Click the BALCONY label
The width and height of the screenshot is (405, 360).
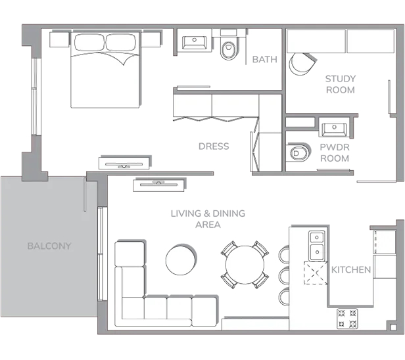[x=49, y=246]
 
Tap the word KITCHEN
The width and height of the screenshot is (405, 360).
[x=351, y=270]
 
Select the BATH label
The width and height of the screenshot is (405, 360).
[x=265, y=59]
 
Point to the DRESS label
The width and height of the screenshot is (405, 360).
[x=214, y=146]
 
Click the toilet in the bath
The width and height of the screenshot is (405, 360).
[x=228, y=50]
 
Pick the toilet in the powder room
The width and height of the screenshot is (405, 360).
[x=298, y=152]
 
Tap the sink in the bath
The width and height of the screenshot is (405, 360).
[x=194, y=42]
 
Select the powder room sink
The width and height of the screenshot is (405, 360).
[x=334, y=129]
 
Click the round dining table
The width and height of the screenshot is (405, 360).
[x=245, y=265]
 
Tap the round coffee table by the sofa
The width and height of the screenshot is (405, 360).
[x=181, y=260]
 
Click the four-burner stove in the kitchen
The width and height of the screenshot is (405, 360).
[x=347, y=319]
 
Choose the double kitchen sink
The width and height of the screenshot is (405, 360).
[x=317, y=246]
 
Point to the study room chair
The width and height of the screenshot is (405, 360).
[x=302, y=64]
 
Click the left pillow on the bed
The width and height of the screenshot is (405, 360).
[x=90, y=42]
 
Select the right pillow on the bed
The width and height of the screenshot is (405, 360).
[x=121, y=42]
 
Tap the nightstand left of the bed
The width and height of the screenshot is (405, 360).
[x=60, y=39]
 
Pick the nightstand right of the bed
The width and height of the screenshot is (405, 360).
[x=151, y=39]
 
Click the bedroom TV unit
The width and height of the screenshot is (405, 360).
[x=124, y=163]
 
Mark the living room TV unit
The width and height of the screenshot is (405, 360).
[x=159, y=185]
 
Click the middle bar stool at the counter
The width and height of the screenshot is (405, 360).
[x=284, y=276]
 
